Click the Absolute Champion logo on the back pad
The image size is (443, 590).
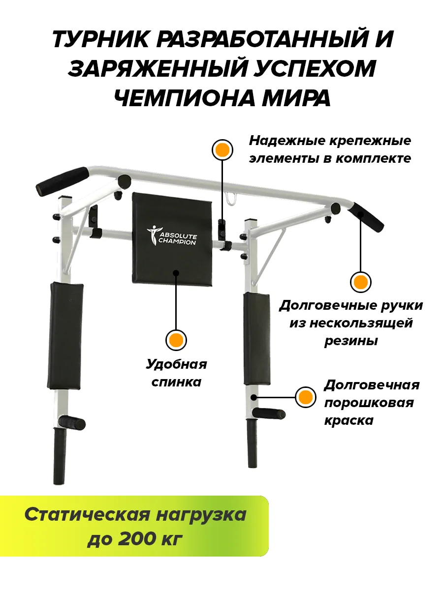point(172,235)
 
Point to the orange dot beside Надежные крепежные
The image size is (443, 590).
point(222,149)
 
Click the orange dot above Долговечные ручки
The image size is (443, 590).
point(360,282)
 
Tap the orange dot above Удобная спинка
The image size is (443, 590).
point(176,339)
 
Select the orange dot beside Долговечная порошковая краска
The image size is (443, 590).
point(306,397)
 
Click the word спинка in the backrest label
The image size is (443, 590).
point(176,382)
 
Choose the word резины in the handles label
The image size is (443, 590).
point(350,341)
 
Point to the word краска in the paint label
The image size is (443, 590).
point(348,420)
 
